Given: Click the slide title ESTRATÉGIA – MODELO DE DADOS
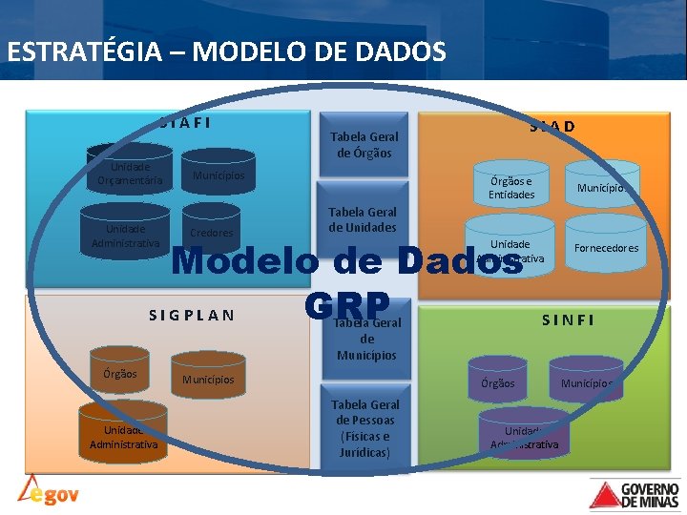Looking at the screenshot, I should click(226, 51).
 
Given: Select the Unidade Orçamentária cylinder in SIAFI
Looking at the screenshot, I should click(124, 172).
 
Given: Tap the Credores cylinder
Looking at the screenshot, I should click(211, 230).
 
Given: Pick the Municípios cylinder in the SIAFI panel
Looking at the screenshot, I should click(219, 175).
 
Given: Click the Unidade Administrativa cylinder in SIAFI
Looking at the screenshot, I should click(124, 235).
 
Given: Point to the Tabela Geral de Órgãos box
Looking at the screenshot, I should click(363, 144).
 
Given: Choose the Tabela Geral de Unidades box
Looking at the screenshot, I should click(363, 219).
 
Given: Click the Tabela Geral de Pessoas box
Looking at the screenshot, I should click(364, 427).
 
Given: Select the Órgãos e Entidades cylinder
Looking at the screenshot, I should click(510, 187).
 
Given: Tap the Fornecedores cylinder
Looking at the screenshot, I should click(606, 246).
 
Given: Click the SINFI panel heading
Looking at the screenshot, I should click(568, 320).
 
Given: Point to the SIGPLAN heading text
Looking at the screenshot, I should click(192, 315).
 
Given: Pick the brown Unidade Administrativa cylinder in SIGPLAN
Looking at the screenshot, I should click(123, 436).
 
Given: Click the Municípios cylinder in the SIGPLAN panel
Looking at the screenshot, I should click(208, 380).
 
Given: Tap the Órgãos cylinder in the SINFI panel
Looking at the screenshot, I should click(497, 381).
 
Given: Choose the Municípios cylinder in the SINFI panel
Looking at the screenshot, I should click(586, 381).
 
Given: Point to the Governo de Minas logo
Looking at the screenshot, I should click(635, 493).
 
